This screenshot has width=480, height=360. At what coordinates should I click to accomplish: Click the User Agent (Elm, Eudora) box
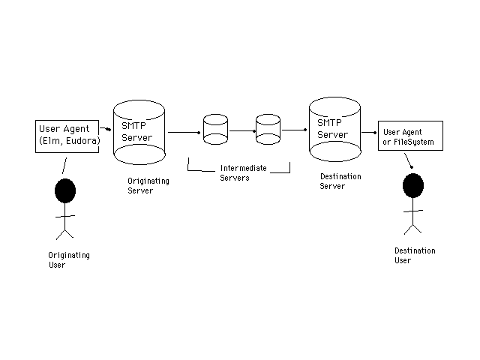click(67, 135)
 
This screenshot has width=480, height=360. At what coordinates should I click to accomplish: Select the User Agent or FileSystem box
click(410, 136)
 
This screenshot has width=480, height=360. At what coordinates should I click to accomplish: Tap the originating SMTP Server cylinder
click(139, 133)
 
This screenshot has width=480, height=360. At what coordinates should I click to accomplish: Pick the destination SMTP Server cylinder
click(335, 129)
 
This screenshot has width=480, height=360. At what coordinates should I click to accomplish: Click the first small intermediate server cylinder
click(215, 129)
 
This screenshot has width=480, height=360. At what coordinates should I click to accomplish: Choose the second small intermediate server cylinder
click(268, 129)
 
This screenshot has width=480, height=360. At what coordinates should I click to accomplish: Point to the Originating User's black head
click(65, 190)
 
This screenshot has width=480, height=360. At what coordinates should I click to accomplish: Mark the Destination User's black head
click(412, 186)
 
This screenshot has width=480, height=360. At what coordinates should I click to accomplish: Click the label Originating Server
click(148, 186)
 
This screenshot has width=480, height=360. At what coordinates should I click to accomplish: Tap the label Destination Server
click(340, 181)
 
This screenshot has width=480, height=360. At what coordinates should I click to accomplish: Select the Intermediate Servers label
click(239, 172)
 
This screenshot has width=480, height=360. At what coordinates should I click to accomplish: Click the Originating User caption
click(69, 260)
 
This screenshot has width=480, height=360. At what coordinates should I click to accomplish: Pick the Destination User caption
click(415, 256)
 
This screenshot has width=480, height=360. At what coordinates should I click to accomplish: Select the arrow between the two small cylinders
click(241, 130)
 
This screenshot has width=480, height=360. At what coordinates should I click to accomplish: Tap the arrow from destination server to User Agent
click(369, 132)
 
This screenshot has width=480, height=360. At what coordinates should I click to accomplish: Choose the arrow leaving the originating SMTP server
click(184, 132)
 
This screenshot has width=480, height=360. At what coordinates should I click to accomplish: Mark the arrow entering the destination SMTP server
click(294, 130)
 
